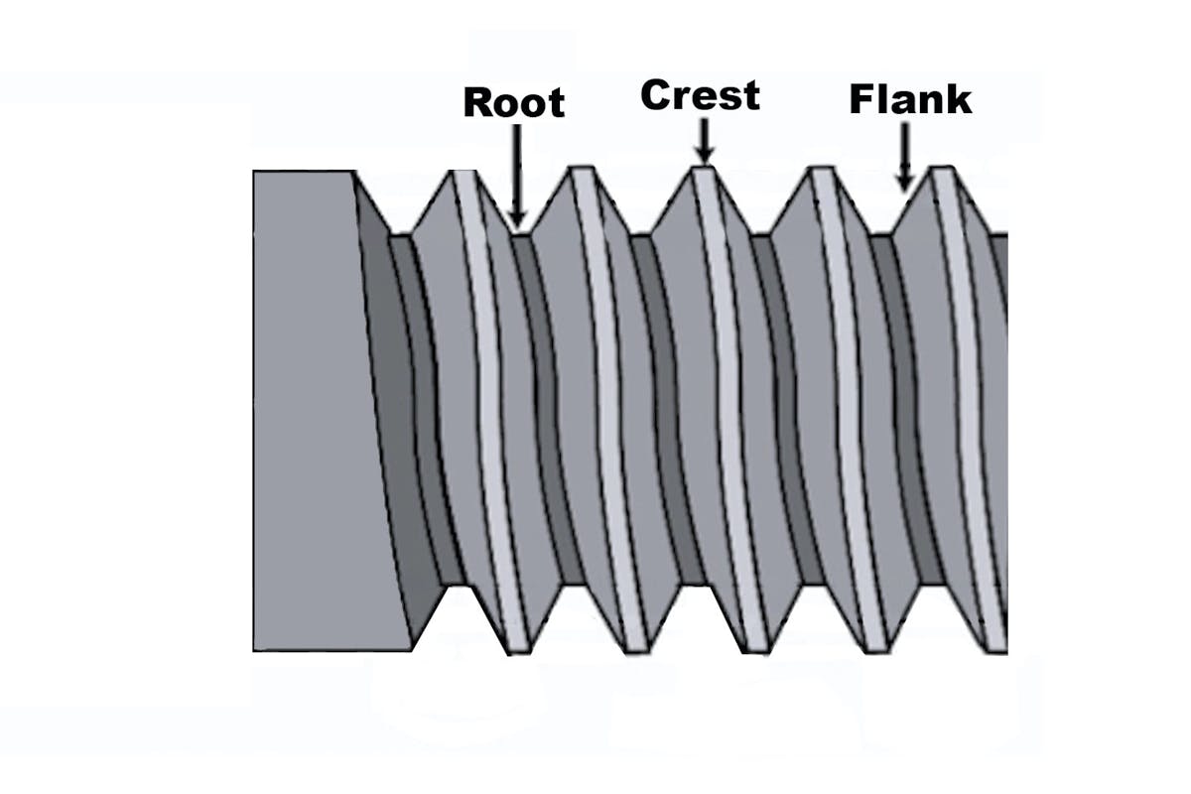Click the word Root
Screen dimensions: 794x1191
click(513, 102)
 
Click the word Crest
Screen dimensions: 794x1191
click(700, 95)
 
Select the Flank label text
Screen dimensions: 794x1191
click(910, 100)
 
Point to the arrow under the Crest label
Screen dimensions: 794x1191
click(704, 140)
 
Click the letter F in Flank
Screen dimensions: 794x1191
click(860, 100)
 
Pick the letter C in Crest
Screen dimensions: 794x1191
click(657, 95)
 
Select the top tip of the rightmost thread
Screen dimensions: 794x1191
click(943, 172)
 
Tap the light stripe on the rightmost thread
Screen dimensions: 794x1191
click(968, 397)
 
